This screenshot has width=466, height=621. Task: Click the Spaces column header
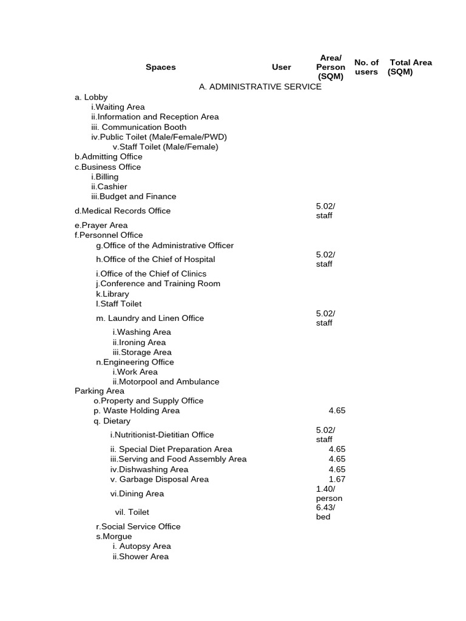point(160,67)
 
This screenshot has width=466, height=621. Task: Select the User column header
point(281,67)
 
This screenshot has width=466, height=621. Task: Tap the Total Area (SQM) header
point(410,67)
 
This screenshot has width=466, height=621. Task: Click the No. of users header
point(366,67)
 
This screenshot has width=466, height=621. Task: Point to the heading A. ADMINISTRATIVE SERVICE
point(260,87)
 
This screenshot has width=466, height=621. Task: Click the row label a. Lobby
point(91,97)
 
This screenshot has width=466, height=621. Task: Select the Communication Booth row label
point(139,127)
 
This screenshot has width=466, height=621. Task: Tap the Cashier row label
point(109,187)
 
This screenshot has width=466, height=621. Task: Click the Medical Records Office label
point(123,211)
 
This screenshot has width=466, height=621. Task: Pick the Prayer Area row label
point(101,226)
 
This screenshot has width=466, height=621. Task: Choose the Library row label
point(112,294)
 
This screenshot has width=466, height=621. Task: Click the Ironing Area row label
point(139,343)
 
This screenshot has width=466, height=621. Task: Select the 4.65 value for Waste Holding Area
point(337,411)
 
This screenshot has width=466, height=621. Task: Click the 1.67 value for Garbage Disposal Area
point(337,479)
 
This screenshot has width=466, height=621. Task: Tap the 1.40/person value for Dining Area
point(329,494)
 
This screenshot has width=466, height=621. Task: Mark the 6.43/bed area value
point(325,512)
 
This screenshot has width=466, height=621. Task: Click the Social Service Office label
point(138,526)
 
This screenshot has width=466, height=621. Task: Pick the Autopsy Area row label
point(141,546)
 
